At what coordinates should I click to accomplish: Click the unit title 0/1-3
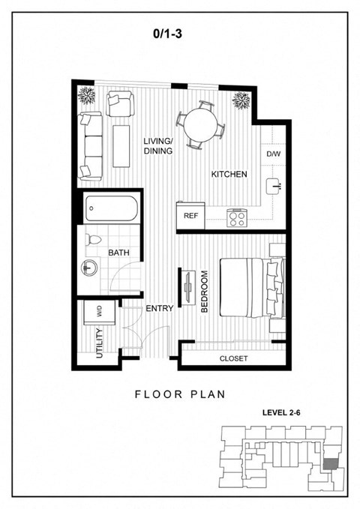point(168,34)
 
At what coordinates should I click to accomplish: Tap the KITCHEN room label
point(229,175)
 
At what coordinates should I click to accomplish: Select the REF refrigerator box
point(190,216)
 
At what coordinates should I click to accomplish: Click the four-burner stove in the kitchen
point(236,218)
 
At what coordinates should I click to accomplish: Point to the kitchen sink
point(274,187)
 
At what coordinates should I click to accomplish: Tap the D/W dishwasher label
point(274,154)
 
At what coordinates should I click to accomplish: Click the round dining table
point(200,124)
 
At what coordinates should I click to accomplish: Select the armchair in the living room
point(120,103)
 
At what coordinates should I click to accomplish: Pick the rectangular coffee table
point(121,146)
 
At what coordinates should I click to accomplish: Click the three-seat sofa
point(90,146)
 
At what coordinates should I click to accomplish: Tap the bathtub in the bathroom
point(111,208)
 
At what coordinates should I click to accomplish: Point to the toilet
point(93,240)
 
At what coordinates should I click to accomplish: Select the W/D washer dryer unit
point(100,313)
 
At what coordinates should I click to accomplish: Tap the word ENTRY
point(159,308)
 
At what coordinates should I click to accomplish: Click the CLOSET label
point(233,359)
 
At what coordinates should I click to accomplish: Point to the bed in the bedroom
point(252,288)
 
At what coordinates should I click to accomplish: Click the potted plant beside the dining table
point(241,100)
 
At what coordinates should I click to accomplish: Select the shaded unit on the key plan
point(330,464)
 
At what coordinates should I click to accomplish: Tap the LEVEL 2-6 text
point(281,412)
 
